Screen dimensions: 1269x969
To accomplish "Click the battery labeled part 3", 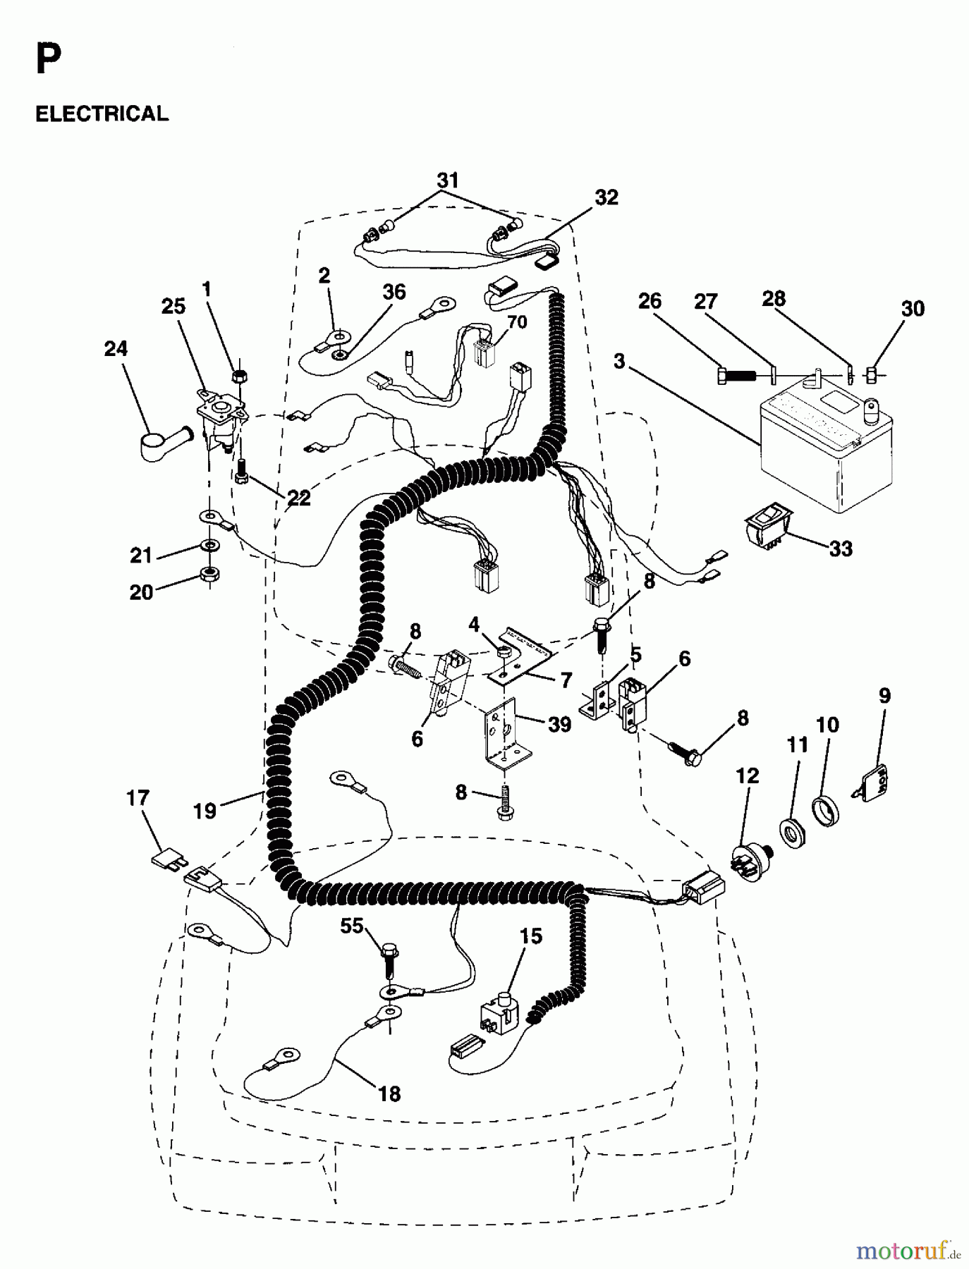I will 825,451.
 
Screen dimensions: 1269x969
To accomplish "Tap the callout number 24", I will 116,348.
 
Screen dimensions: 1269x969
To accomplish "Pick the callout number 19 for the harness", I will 205,811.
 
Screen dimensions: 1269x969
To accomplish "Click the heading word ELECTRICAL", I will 102,114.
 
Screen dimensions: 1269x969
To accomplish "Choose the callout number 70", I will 517,322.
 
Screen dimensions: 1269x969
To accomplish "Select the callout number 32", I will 606,197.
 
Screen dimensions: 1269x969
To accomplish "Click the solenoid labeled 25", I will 222,416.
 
